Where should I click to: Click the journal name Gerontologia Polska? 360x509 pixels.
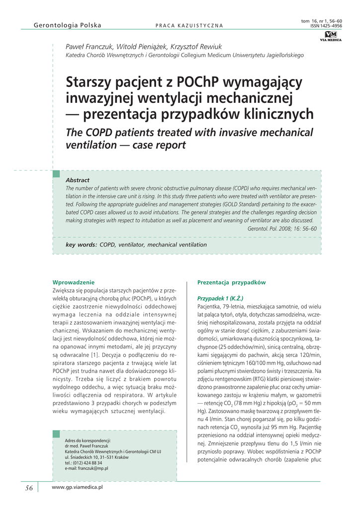(x=67, y=25)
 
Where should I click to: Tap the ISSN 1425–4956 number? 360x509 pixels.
(x=326, y=25)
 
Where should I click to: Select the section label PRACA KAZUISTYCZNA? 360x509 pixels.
(x=189, y=26)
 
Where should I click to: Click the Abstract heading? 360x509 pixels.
(x=78, y=180)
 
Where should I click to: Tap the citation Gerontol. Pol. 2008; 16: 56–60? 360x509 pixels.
(x=281, y=228)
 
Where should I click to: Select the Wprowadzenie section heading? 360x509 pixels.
(x=73, y=282)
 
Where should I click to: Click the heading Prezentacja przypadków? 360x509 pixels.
(x=231, y=282)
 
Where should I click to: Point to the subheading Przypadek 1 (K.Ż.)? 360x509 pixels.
(x=220, y=298)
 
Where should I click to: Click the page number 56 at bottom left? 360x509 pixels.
(x=29, y=488)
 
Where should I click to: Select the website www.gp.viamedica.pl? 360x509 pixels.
(x=77, y=488)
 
